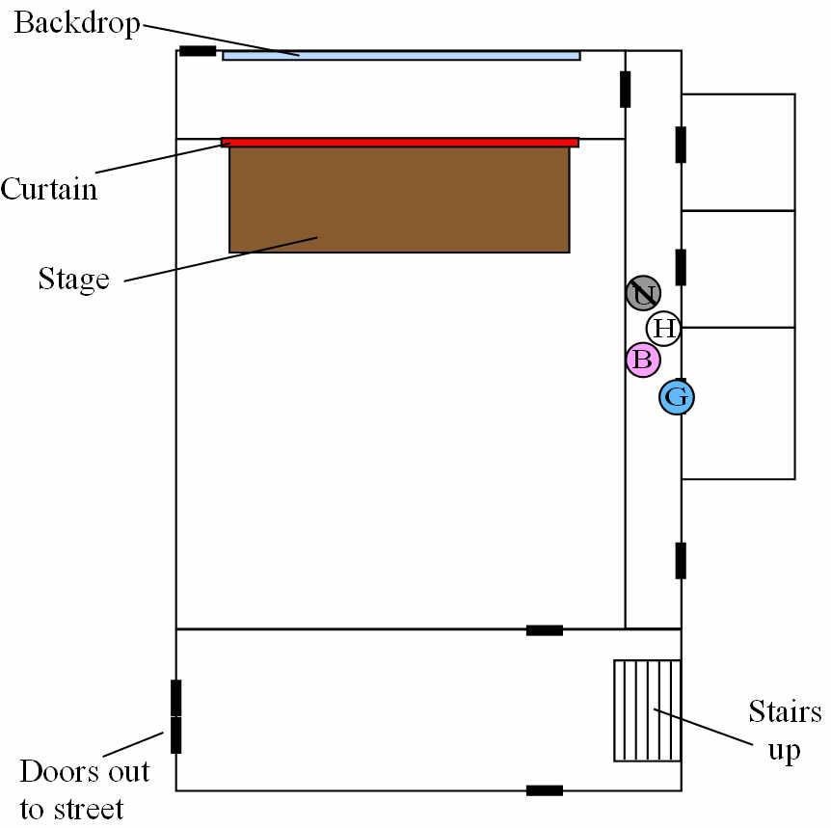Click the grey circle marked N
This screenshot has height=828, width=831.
tap(643, 293)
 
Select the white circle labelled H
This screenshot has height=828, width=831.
tap(663, 329)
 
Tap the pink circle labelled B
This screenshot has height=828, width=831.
tap(643, 361)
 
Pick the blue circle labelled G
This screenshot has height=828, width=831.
tap(677, 396)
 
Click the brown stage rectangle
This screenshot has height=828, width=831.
tap(399, 200)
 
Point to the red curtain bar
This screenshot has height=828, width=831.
tap(399, 142)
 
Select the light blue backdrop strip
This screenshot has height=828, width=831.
tap(401, 55)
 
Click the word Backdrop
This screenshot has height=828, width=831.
tap(76, 24)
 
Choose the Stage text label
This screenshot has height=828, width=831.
tap(73, 279)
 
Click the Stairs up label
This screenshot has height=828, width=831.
tap(785, 731)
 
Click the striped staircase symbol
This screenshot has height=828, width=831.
tap(648, 710)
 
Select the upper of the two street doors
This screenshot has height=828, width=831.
tap(175, 697)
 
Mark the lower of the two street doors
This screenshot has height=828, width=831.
tap(175, 735)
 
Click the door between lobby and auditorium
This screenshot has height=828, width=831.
tap(544, 630)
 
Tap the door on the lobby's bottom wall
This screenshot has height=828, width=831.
tap(544, 790)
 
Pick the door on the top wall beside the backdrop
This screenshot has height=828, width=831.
tap(198, 50)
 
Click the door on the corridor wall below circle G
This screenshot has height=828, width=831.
tap(681, 560)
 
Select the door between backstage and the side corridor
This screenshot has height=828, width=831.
tap(625, 89)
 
